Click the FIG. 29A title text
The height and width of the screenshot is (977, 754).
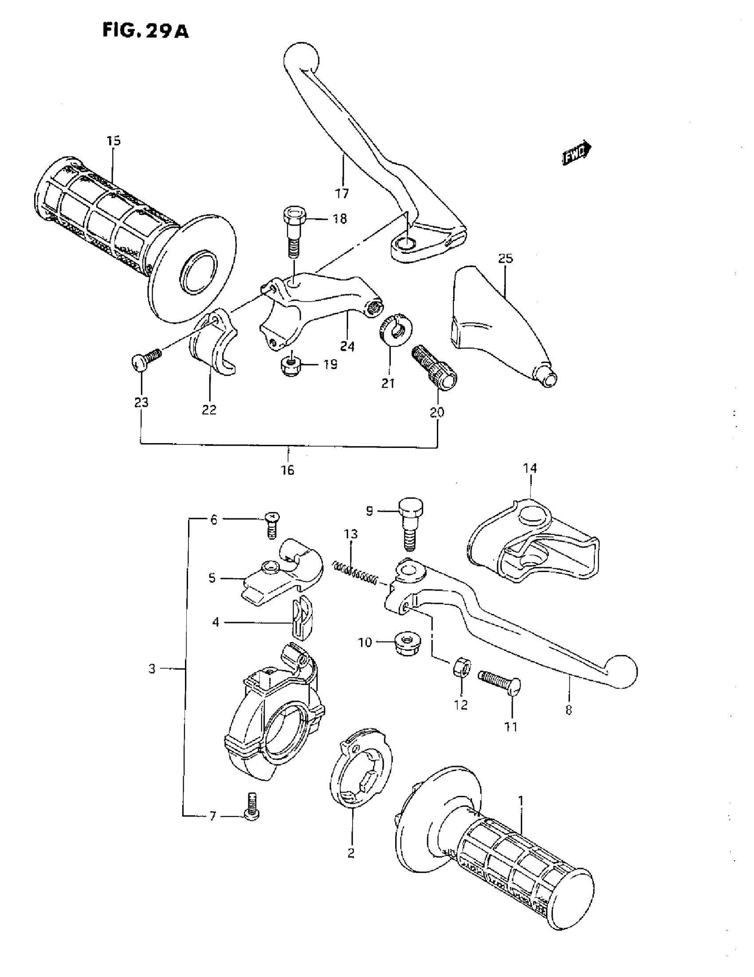[x=145, y=31]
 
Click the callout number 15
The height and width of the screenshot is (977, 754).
[x=114, y=141]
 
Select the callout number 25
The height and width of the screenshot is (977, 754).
[x=505, y=259]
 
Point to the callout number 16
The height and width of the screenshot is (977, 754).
[x=288, y=470]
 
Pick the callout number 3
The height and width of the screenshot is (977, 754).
[x=152, y=669]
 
